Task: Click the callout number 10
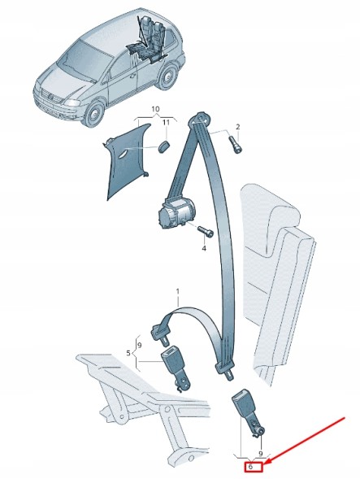tap(155, 109)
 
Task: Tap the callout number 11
tap(166, 123)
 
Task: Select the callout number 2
tap(238, 127)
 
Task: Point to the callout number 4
tap(204, 248)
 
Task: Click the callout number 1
tap(178, 292)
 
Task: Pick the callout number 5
tap(128, 353)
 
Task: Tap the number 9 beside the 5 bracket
tap(140, 346)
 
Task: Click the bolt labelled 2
tap(235, 146)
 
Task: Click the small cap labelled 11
tap(163, 146)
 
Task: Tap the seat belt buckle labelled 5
tap(174, 368)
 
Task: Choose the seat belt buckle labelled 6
tap(247, 413)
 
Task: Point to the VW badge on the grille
tap(51, 97)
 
